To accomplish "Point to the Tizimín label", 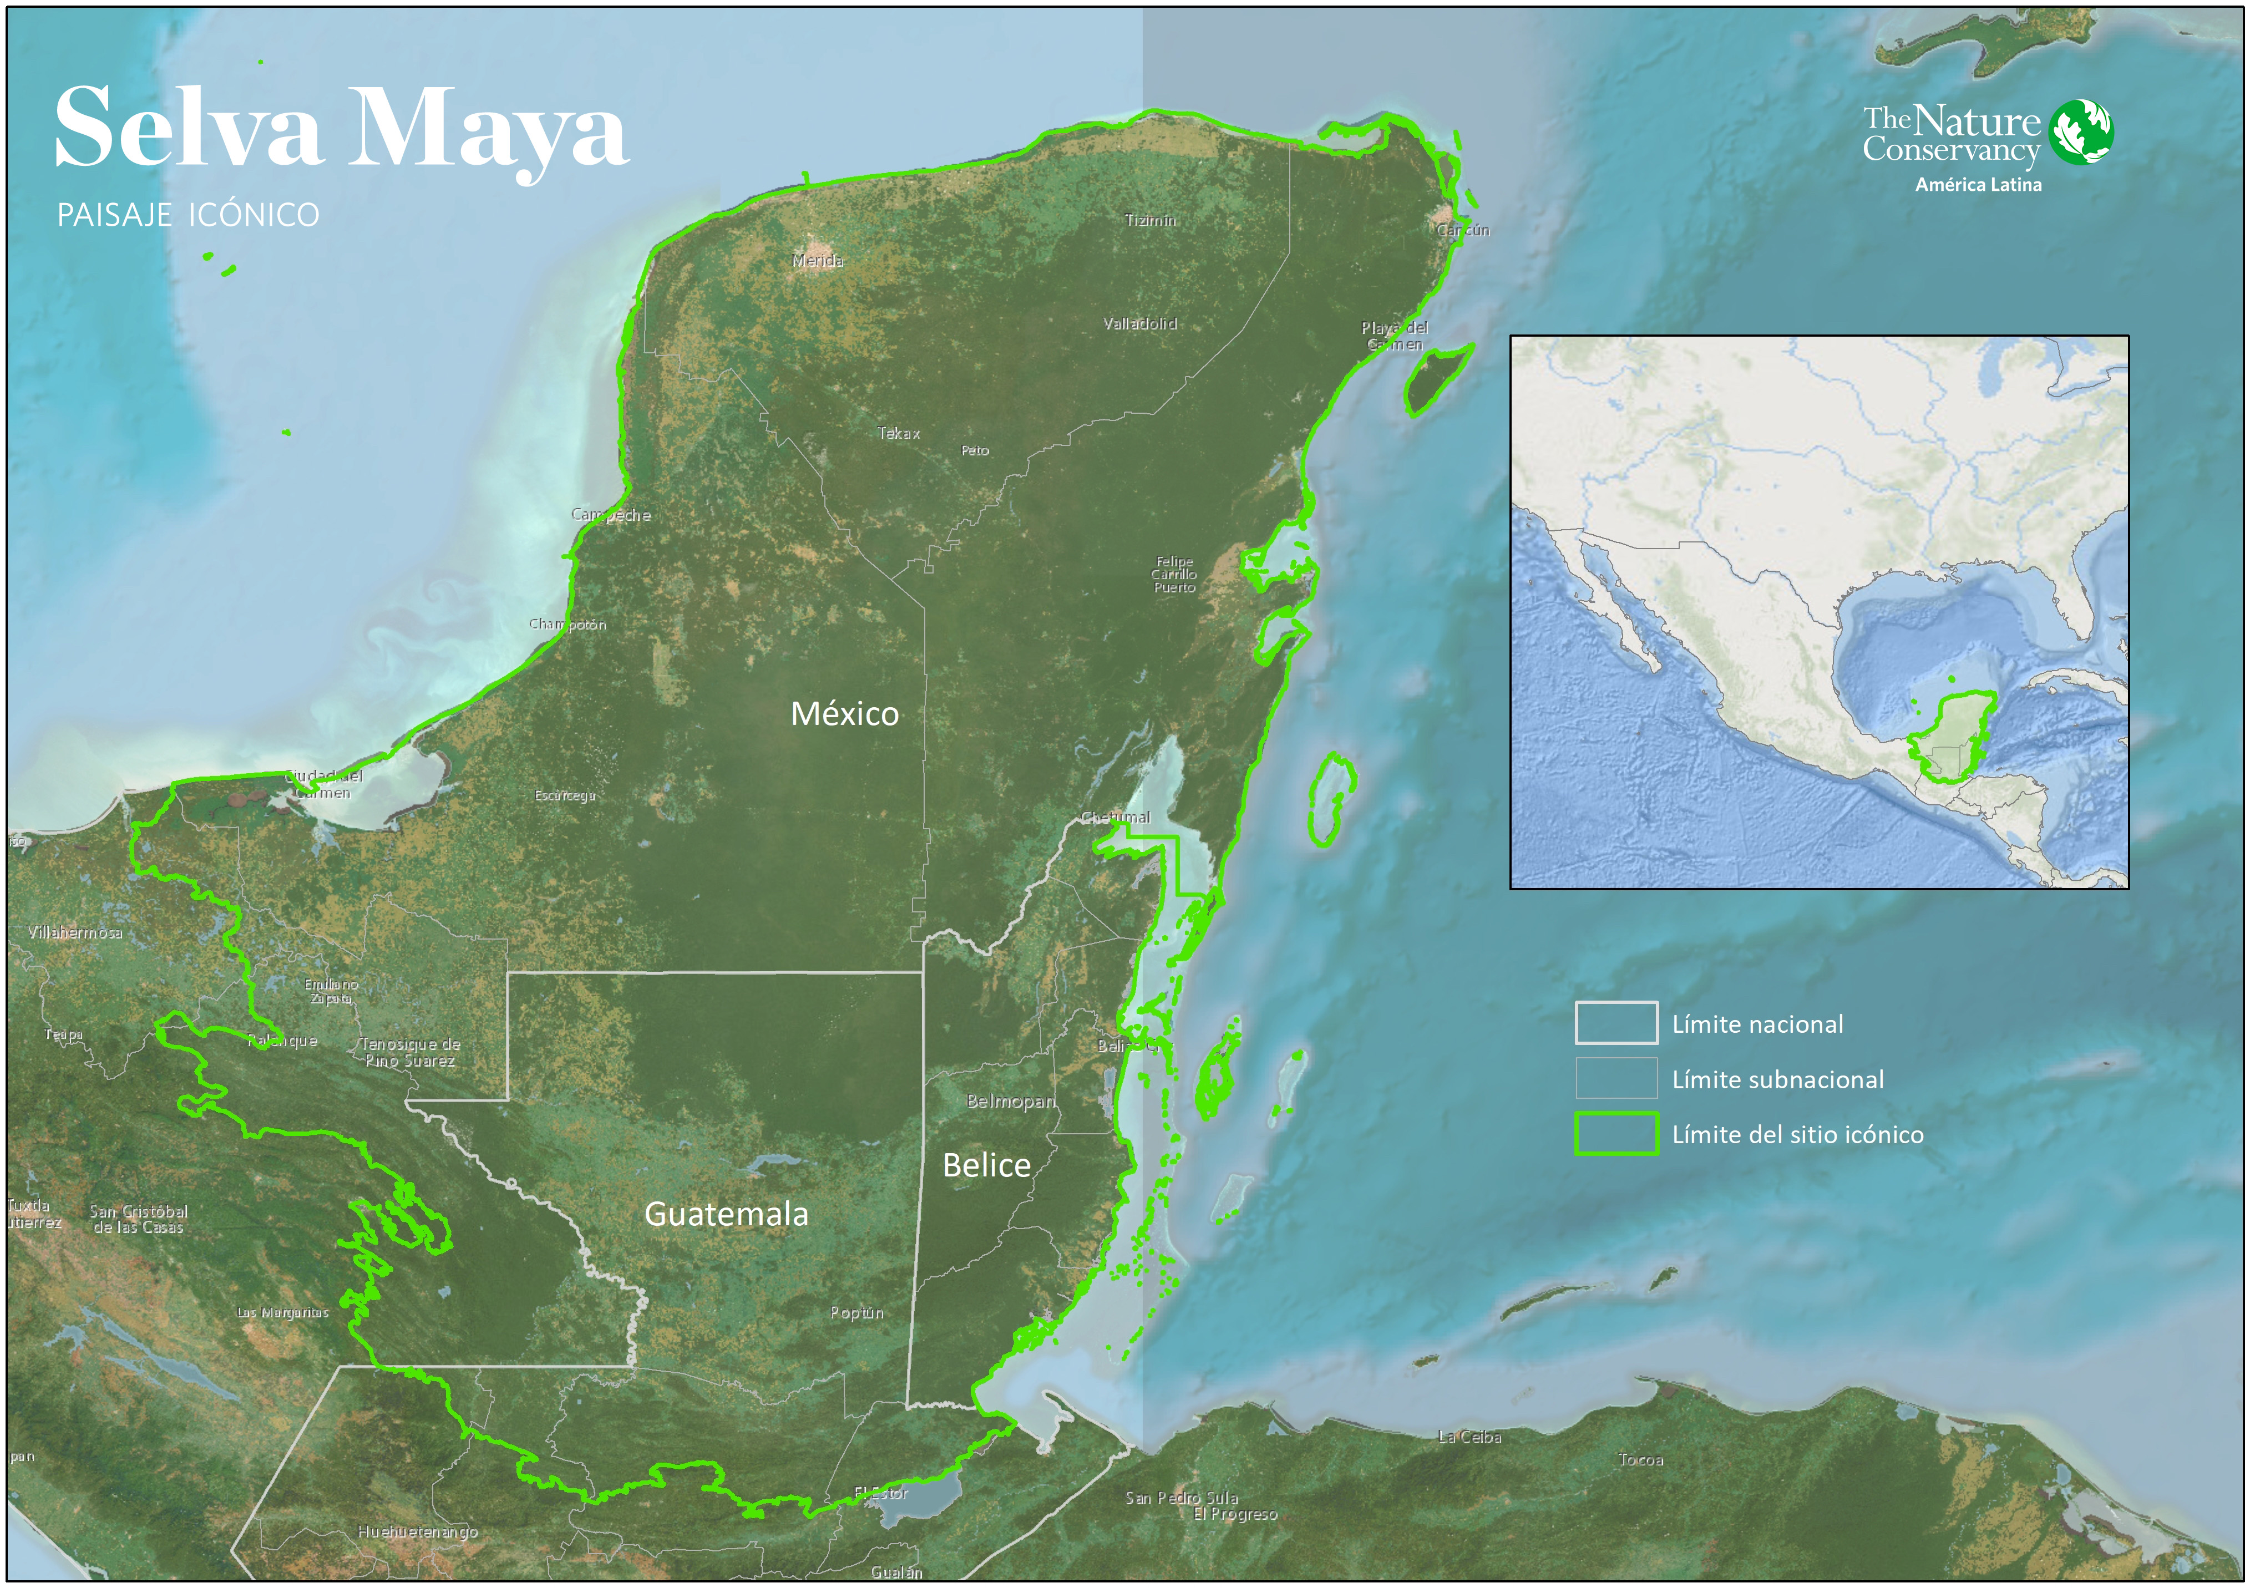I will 1151,220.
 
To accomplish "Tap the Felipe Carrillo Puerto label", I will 1174,575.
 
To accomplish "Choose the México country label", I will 845,713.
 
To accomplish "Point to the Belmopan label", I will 1010,1101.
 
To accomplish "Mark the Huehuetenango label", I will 418,1532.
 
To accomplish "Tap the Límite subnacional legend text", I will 1778,1079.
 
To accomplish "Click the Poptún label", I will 857,1313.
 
